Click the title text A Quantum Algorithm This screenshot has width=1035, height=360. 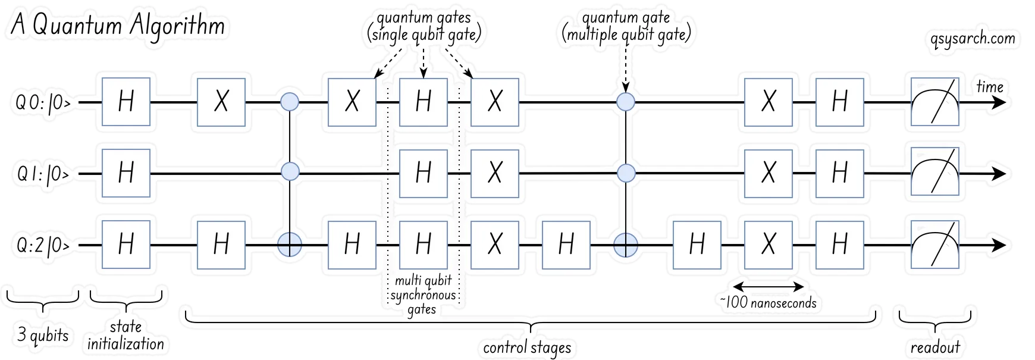[x=117, y=26]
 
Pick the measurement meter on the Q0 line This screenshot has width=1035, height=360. [x=935, y=102]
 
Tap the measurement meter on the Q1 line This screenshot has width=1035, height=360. [x=935, y=174]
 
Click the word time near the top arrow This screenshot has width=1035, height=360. [x=990, y=87]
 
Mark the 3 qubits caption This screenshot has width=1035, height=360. [x=43, y=335]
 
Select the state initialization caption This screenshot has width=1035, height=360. [x=126, y=336]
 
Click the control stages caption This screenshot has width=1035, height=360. [x=527, y=348]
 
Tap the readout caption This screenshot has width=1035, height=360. [x=935, y=347]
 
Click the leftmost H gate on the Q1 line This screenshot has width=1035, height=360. [x=126, y=174]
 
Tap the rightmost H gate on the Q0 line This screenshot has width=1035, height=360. [x=839, y=102]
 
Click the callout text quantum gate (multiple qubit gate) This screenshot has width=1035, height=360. [x=626, y=27]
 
